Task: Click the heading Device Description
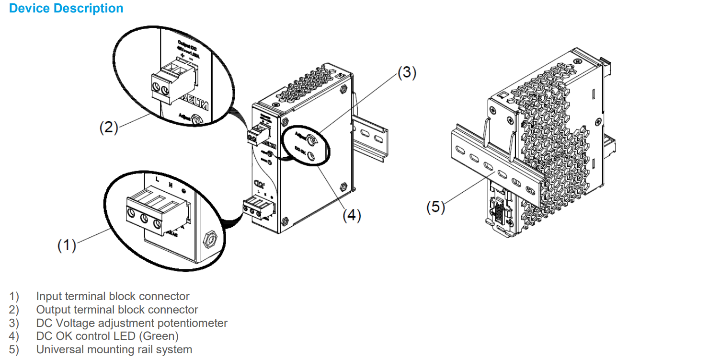66,9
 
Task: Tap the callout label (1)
67,245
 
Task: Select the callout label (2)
108,128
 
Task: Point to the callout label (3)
407,72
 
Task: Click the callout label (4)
351,215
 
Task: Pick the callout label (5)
435,208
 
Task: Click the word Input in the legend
48,297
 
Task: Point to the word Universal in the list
60,349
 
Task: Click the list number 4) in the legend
14,336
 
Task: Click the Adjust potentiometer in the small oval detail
312,139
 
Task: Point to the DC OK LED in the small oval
311,155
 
